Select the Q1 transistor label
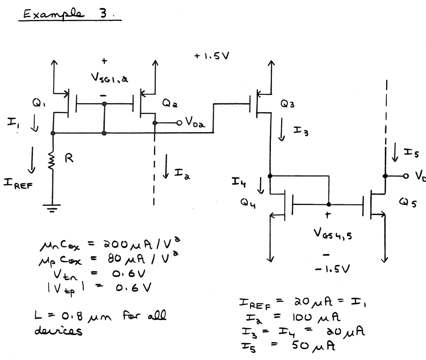coord(41,100)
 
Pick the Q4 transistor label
coord(249,203)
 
